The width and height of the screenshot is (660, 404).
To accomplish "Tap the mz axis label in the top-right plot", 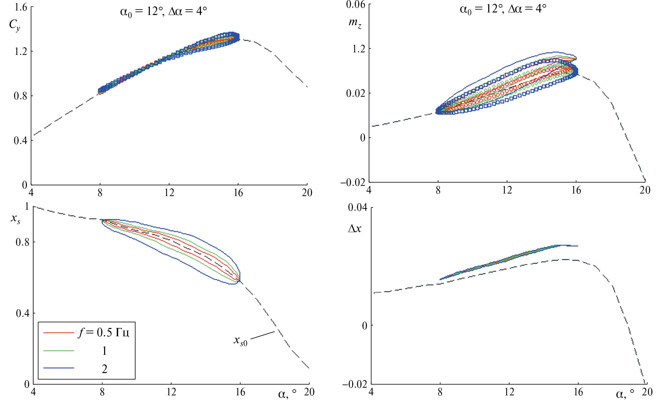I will (355, 23).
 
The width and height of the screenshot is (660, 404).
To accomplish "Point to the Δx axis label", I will (354, 228).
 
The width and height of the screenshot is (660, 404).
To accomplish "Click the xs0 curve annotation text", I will (240, 341).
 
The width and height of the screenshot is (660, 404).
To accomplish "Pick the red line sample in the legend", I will (59, 333).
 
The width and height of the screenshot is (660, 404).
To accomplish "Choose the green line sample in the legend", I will (59, 351).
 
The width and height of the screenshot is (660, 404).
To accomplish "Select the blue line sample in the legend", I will (59, 368).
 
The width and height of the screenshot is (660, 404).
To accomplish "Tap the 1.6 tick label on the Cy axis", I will (21, 7).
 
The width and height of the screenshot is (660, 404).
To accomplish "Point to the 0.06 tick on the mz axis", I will (355, 4).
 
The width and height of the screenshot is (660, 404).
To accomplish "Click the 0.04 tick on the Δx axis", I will (357, 208).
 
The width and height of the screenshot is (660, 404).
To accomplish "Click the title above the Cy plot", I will (163, 12).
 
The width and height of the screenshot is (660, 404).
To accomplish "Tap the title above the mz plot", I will (503, 9).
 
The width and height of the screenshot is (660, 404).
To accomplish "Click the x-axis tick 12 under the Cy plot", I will (169, 193).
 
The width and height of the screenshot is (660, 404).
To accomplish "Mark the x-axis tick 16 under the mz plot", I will (576, 190).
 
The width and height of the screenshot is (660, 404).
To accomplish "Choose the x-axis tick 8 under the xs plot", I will (102, 392).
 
